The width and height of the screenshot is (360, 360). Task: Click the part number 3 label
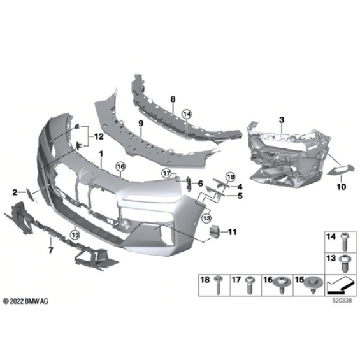coord(281,120)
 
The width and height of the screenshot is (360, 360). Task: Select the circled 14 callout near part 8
coord(187,113)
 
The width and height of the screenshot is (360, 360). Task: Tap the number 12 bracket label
coord(99,136)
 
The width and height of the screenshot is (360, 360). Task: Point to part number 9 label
coord(141,124)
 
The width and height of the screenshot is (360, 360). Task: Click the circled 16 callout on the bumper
coord(121,166)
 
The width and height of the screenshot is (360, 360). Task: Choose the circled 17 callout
coord(167,173)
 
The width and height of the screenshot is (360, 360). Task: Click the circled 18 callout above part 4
coord(231,176)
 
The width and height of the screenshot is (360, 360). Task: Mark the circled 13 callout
coord(206,218)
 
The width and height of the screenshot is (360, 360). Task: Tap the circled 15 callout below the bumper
coord(75,234)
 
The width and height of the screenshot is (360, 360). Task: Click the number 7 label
coord(51,250)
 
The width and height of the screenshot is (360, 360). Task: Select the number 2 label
coord(15,192)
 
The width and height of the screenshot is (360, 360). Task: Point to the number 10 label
coord(342,187)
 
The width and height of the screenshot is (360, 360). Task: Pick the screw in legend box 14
coord(344,241)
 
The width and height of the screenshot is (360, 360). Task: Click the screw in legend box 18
coord(218,285)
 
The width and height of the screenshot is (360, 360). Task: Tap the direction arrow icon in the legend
coord(340,285)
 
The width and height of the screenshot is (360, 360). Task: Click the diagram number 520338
coord(342,301)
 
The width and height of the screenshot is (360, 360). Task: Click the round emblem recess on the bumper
coord(89,176)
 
